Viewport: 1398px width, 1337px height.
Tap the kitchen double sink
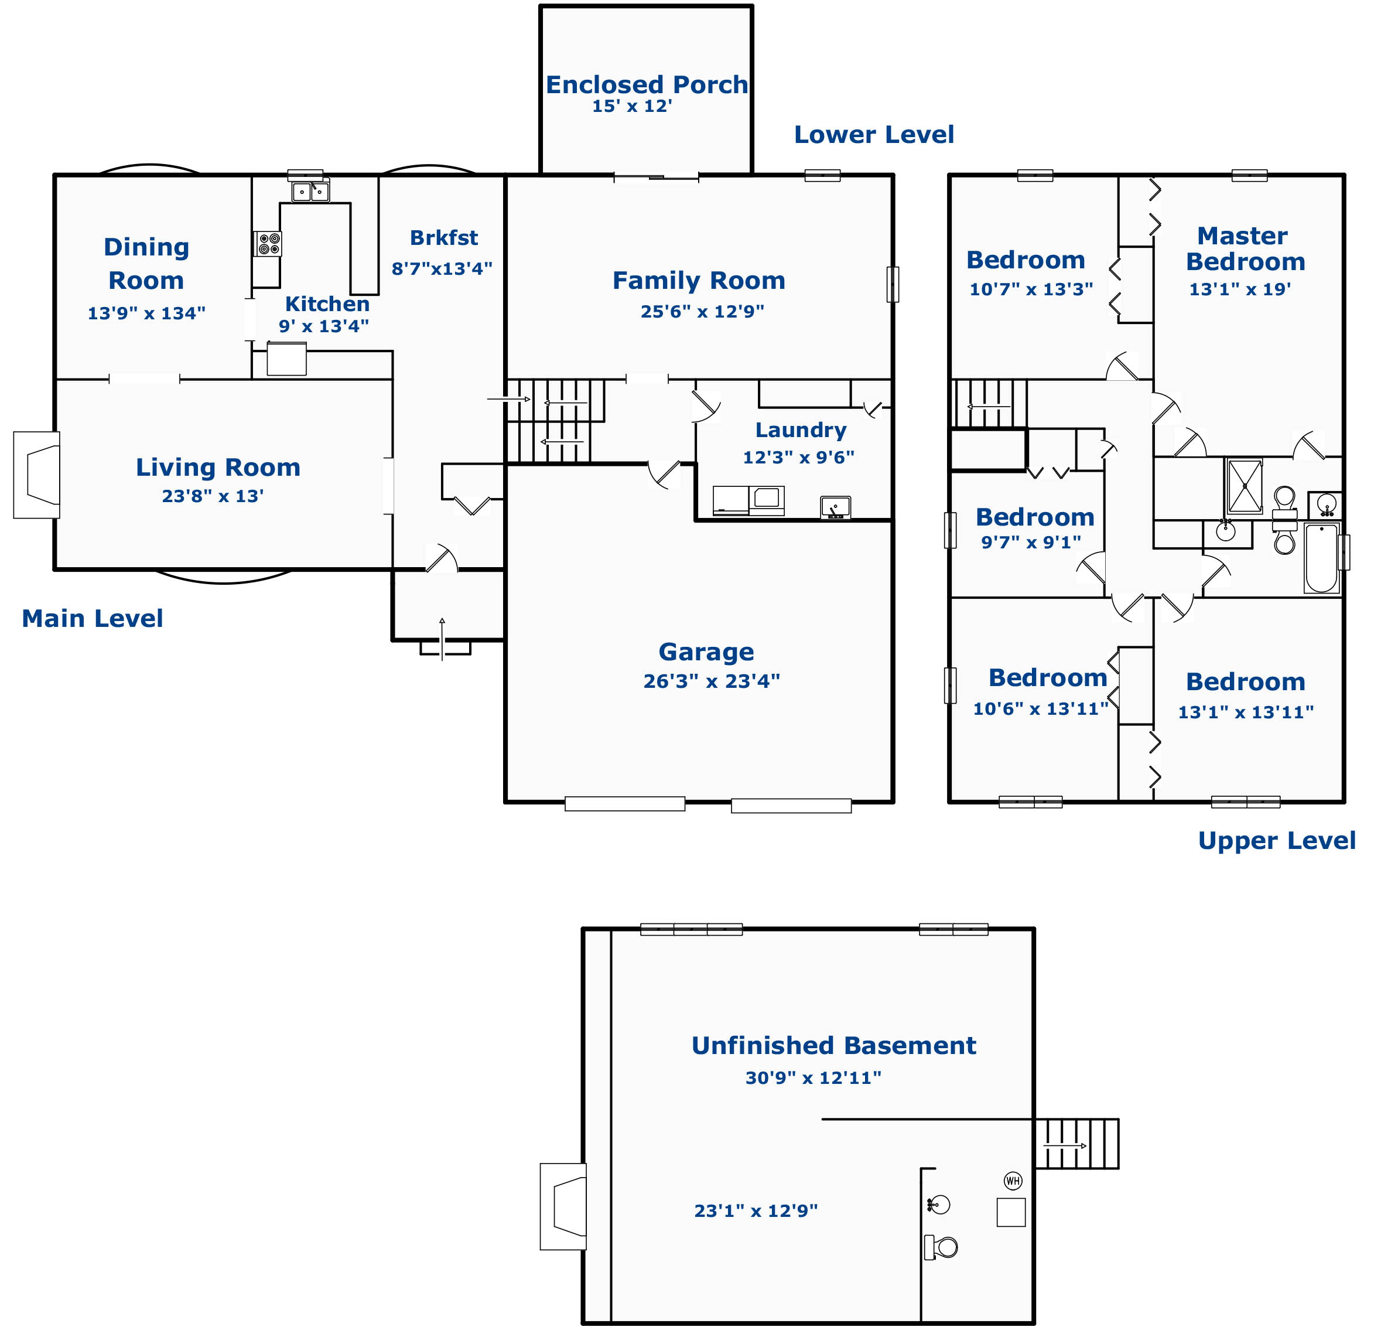(310, 192)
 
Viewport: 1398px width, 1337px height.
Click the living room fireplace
(37, 475)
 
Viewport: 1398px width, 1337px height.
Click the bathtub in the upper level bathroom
(1321, 557)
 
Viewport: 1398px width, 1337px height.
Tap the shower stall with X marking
(1244, 485)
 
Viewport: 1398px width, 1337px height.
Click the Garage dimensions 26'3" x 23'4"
(711, 681)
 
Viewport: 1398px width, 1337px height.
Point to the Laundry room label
(801, 431)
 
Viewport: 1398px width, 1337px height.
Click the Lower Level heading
(874, 135)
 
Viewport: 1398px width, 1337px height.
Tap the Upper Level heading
(1276, 841)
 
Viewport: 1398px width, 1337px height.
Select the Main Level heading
(93, 619)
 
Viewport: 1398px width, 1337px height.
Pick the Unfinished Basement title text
(833, 1045)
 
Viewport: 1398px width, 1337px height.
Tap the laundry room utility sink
(835, 507)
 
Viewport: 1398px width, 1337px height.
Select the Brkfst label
(444, 238)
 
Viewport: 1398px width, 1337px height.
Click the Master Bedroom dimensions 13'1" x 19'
(1240, 289)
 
